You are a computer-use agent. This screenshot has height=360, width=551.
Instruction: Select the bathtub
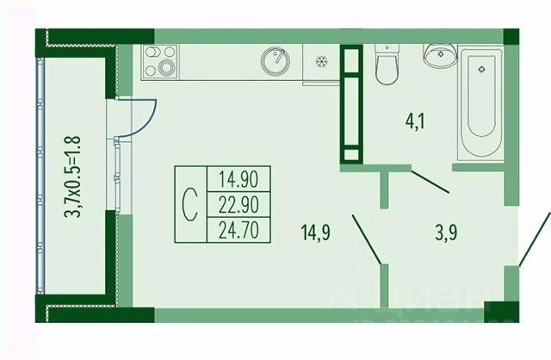tap(480, 104)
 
